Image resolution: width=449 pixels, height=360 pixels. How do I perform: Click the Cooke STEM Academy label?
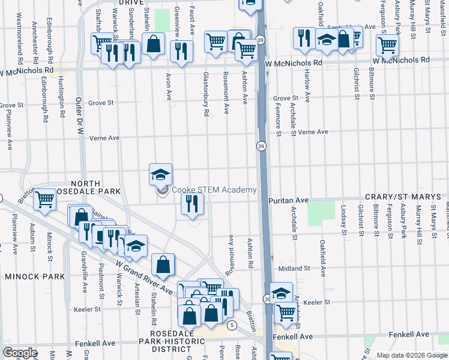tap(214, 190)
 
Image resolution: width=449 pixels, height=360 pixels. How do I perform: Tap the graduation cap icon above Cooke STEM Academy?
tap(160, 175)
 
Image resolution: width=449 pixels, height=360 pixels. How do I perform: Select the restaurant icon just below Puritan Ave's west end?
tap(192, 204)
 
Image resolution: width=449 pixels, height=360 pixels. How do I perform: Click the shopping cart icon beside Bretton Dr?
tap(44, 200)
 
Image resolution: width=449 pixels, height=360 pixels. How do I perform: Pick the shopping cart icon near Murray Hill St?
tap(387, 44)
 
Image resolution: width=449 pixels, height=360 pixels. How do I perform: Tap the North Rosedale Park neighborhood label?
tap(95, 187)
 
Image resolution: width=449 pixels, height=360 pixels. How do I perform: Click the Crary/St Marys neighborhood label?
tap(406, 198)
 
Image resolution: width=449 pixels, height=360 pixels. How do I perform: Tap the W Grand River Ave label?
tap(144, 277)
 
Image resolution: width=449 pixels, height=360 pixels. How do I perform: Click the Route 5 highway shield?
tap(232, 325)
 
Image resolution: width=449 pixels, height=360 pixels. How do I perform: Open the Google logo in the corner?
tap(20, 352)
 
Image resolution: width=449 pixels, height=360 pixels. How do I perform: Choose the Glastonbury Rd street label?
tap(206, 94)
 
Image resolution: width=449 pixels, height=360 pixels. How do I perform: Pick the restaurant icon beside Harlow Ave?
tap(304, 38)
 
